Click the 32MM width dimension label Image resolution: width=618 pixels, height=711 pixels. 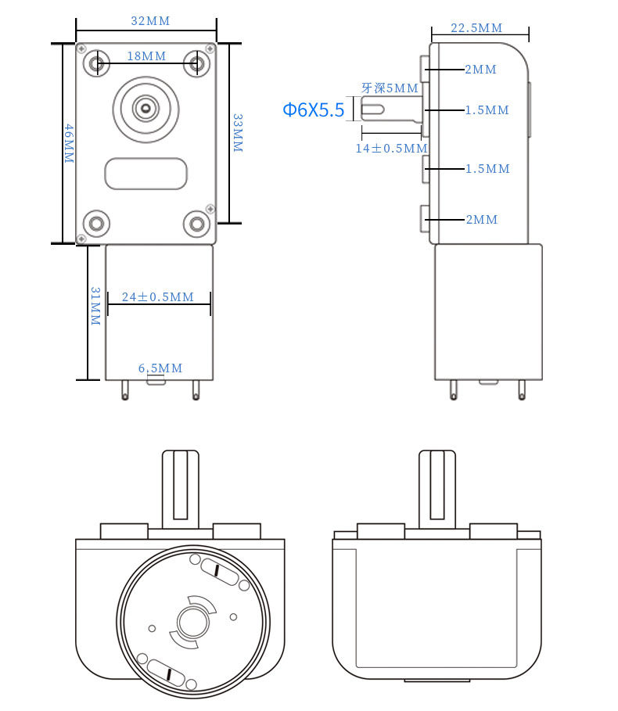pyautogui.click(x=150, y=21)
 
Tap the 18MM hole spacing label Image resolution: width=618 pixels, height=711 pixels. pyautogui.click(x=146, y=56)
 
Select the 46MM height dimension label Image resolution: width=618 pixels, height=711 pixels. pyautogui.click(x=69, y=143)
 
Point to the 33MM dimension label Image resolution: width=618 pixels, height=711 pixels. pyautogui.click(x=238, y=133)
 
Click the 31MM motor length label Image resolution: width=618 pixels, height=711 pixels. pyautogui.click(x=95, y=306)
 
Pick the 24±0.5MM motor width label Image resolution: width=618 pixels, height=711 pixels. pyautogui.click(x=158, y=296)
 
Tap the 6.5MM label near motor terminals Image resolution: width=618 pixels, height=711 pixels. pyautogui.click(x=160, y=368)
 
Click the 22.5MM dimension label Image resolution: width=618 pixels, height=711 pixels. pyautogui.click(x=476, y=27)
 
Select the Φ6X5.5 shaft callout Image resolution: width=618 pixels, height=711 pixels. pyautogui.click(x=314, y=110)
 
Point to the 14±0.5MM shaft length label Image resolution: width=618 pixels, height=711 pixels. pyautogui.click(x=392, y=149)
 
